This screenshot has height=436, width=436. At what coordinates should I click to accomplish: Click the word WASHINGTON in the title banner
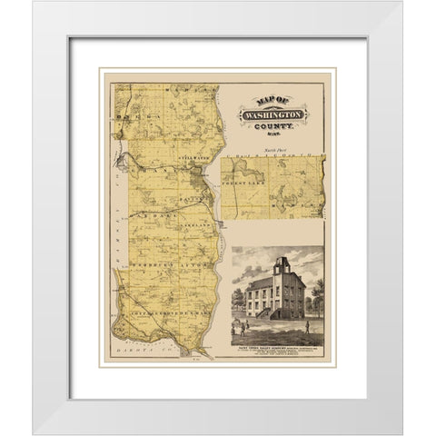(270, 116)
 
